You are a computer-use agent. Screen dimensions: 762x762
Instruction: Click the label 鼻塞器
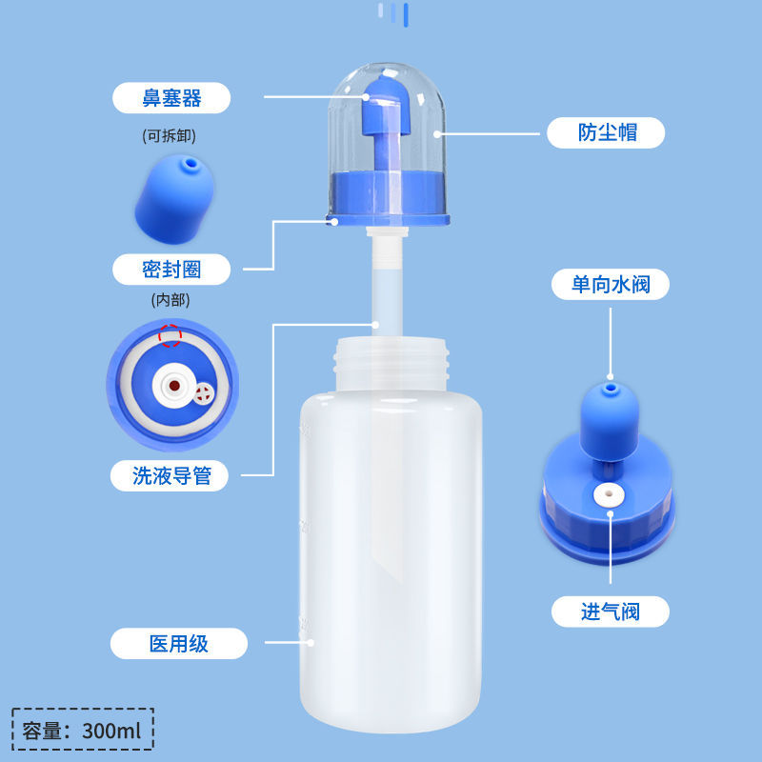171,97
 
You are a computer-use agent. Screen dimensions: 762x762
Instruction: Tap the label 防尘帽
607,132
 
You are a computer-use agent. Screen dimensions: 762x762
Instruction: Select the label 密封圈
171,269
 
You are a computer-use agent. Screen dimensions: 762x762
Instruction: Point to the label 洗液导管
172,475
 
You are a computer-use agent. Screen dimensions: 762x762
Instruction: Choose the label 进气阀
611,612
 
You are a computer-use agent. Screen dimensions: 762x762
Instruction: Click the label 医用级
178,644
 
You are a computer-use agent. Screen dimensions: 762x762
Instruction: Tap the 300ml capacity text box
84,731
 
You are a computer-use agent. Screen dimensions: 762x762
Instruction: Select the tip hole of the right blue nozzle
609,389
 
